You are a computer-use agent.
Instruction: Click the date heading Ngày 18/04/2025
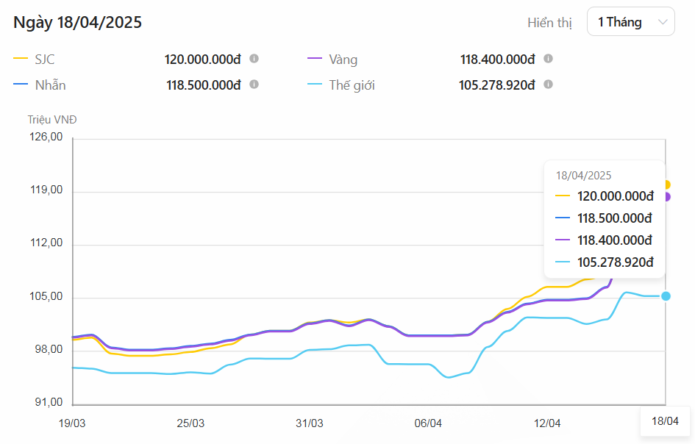pyautogui.click(x=78, y=22)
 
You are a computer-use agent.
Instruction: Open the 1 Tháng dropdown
pyautogui.click(x=630, y=22)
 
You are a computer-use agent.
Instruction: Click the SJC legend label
pyautogui.click(x=45, y=60)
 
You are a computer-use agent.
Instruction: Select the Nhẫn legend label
pyautogui.click(x=50, y=85)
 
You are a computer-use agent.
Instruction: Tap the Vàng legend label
pyautogui.click(x=343, y=60)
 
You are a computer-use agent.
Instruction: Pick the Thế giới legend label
pyautogui.click(x=352, y=85)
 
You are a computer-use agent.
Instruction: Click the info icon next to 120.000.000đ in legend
pyautogui.click(x=254, y=59)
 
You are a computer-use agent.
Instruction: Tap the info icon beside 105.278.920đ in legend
pyautogui.click(x=548, y=85)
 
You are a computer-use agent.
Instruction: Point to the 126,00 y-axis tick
pyautogui.click(x=46, y=137)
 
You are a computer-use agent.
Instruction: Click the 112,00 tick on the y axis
pyautogui.click(x=46, y=243)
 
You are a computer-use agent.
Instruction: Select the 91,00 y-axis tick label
pyautogui.click(x=46, y=402)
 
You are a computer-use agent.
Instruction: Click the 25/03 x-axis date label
pyautogui.click(x=190, y=423)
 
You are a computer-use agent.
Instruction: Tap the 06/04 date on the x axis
pyautogui.click(x=428, y=423)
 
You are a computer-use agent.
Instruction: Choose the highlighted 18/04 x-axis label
pyautogui.click(x=665, y=422)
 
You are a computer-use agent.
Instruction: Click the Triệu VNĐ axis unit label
pyautogui.click(x=52, y=119)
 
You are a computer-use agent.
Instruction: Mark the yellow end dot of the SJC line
pyautogui.click(x=666, y=185)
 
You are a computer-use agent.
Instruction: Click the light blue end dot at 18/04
pyautogui.click(x=666, y=296)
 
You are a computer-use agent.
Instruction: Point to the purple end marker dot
pyautogui.click(x=666, y=196)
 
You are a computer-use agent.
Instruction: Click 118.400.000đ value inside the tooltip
pyautogui.click(x=616, y=240)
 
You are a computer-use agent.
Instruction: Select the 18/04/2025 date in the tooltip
pyautogui.click(x=583, y=176)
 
